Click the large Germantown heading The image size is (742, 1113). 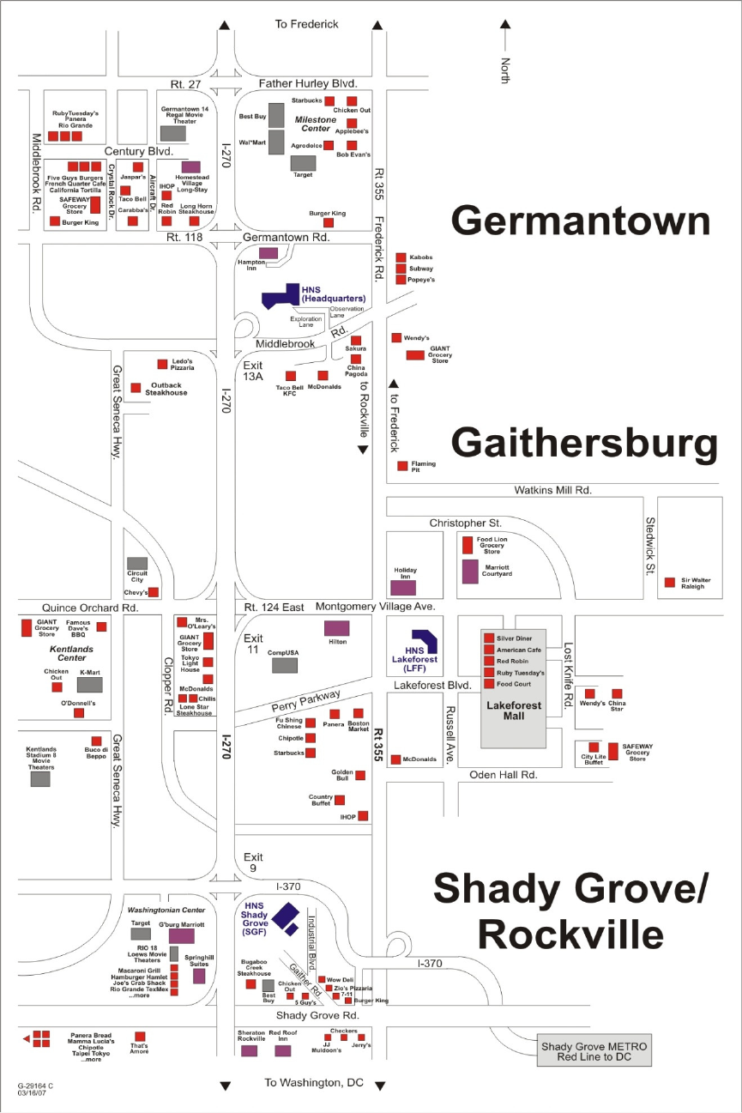pyautogui.click(x=581, y=221)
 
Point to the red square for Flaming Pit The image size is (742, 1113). pyautogui.click(x=402, y=466)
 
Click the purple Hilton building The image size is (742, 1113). pyautogui.click(x=337, y=627)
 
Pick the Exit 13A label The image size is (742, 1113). pyautogui.click(x=254, y=372)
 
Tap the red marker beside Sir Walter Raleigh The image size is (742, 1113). pyautogui.click(x=670, y=583)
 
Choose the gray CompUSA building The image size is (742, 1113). pyautogui.click(x=285, y=665)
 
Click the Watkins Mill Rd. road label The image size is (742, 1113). pyautogui.click(x=553, y=490)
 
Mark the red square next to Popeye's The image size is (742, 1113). pyautogui.click(x=401, y=280)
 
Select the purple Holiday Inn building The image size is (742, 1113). pyautogui.click(x=403, y=588)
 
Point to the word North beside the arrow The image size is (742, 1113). pyautogui.click(x=505, y=70)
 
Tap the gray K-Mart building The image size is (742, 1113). pyautogui.click(x=90, y=685)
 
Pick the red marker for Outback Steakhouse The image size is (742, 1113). pyautogui.click(x=136, y=388)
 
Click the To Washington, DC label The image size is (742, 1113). pyautogui.click(x=313, y=1083)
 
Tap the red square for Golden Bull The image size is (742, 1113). pyautogui.click(x=360, y=775)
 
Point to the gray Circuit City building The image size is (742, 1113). pyautogui.click(x=137, y=563)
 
